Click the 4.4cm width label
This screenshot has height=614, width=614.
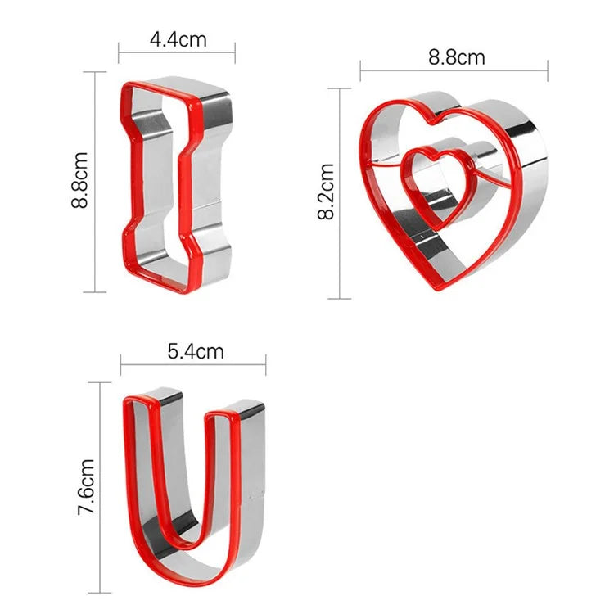[x=178, y=38]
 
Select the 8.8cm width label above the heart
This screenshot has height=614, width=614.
[x=457, y=57]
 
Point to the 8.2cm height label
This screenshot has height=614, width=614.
[x=326, y=192]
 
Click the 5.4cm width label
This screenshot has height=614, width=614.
[x=195, y=352]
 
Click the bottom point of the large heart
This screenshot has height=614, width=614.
[x=432, y=289]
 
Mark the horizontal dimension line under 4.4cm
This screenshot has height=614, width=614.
[x=177, y=55]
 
